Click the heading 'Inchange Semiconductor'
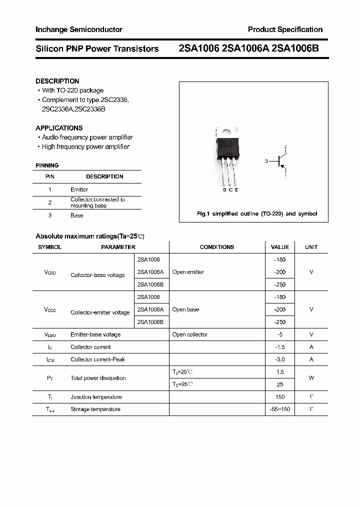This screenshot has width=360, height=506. [x=79, y=29]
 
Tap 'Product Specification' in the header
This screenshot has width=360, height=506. [x=285, y=29]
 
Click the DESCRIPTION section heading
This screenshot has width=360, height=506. [x=57, y=81]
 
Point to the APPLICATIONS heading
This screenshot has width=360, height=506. [x=59, y=128]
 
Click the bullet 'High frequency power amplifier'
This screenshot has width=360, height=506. [x=85, y=146]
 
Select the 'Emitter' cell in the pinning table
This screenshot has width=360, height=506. [x=79, y=189]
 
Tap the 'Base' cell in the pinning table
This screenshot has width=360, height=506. [x=76, y=215]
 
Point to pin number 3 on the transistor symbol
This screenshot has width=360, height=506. [x=267, y=161]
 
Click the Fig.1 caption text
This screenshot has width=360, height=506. [x=257, y=213]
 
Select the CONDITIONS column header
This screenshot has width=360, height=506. [x=217, y=247]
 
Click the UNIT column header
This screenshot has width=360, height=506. [x=311, y=247]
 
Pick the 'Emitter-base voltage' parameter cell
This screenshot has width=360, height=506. [x=95, y=334]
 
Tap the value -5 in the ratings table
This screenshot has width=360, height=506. [x=279, y=334]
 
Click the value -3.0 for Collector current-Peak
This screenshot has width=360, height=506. [x=279, y=359]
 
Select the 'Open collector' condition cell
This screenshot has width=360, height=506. [x=189, y=334]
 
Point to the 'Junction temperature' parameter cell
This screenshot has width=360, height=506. [x=96, y=397]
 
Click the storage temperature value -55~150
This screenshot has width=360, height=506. [x=279, y=409]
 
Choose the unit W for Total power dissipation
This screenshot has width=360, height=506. [x=311, y=378]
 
